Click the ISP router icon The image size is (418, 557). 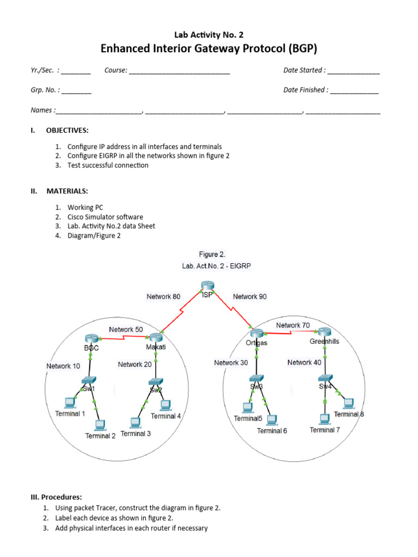[207, 286]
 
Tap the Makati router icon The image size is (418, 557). [155, 338]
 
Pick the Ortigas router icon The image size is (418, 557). [256, 333]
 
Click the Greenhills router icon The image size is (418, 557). [325, 332]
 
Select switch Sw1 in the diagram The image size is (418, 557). [89, 381]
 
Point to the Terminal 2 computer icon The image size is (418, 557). [100, 425]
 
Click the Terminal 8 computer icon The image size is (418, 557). [348, 403]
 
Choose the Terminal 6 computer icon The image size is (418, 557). [272, 419]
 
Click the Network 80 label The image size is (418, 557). [163, 296]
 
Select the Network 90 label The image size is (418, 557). [250, 296]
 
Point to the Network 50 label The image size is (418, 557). [126, 330]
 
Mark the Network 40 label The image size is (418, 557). [304, 362]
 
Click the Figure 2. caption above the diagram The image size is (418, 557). [212, 254]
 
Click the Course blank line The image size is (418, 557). [179, 71]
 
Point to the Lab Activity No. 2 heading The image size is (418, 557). [208, 35]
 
